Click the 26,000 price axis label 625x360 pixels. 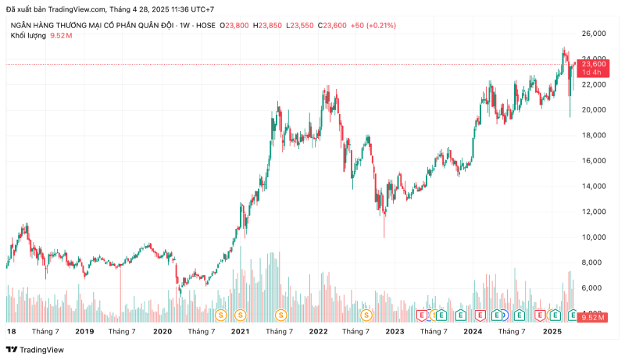click(x=595, y=34)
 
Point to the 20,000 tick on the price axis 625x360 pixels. click(x=595, y=110)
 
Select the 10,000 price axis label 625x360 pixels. click(x=595, y=237)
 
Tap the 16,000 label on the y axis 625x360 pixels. click(x=595, y=161)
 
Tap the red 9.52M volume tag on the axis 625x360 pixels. click(x=593, y=318)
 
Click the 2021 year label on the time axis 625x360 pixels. click(x=240, y=332)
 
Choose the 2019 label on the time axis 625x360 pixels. click(x=84, y=332)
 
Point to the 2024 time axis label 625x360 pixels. click(x=472, y=332)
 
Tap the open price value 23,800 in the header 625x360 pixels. click(x=237, y=26)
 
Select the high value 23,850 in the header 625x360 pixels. click(x=270, y=26)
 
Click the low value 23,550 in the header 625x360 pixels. click(x=303, y=26)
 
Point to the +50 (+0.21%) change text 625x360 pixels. click(x=373, y=26)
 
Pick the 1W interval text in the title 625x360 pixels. click(x=184, y=26)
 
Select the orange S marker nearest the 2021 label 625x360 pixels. click(x=240, y=315)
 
